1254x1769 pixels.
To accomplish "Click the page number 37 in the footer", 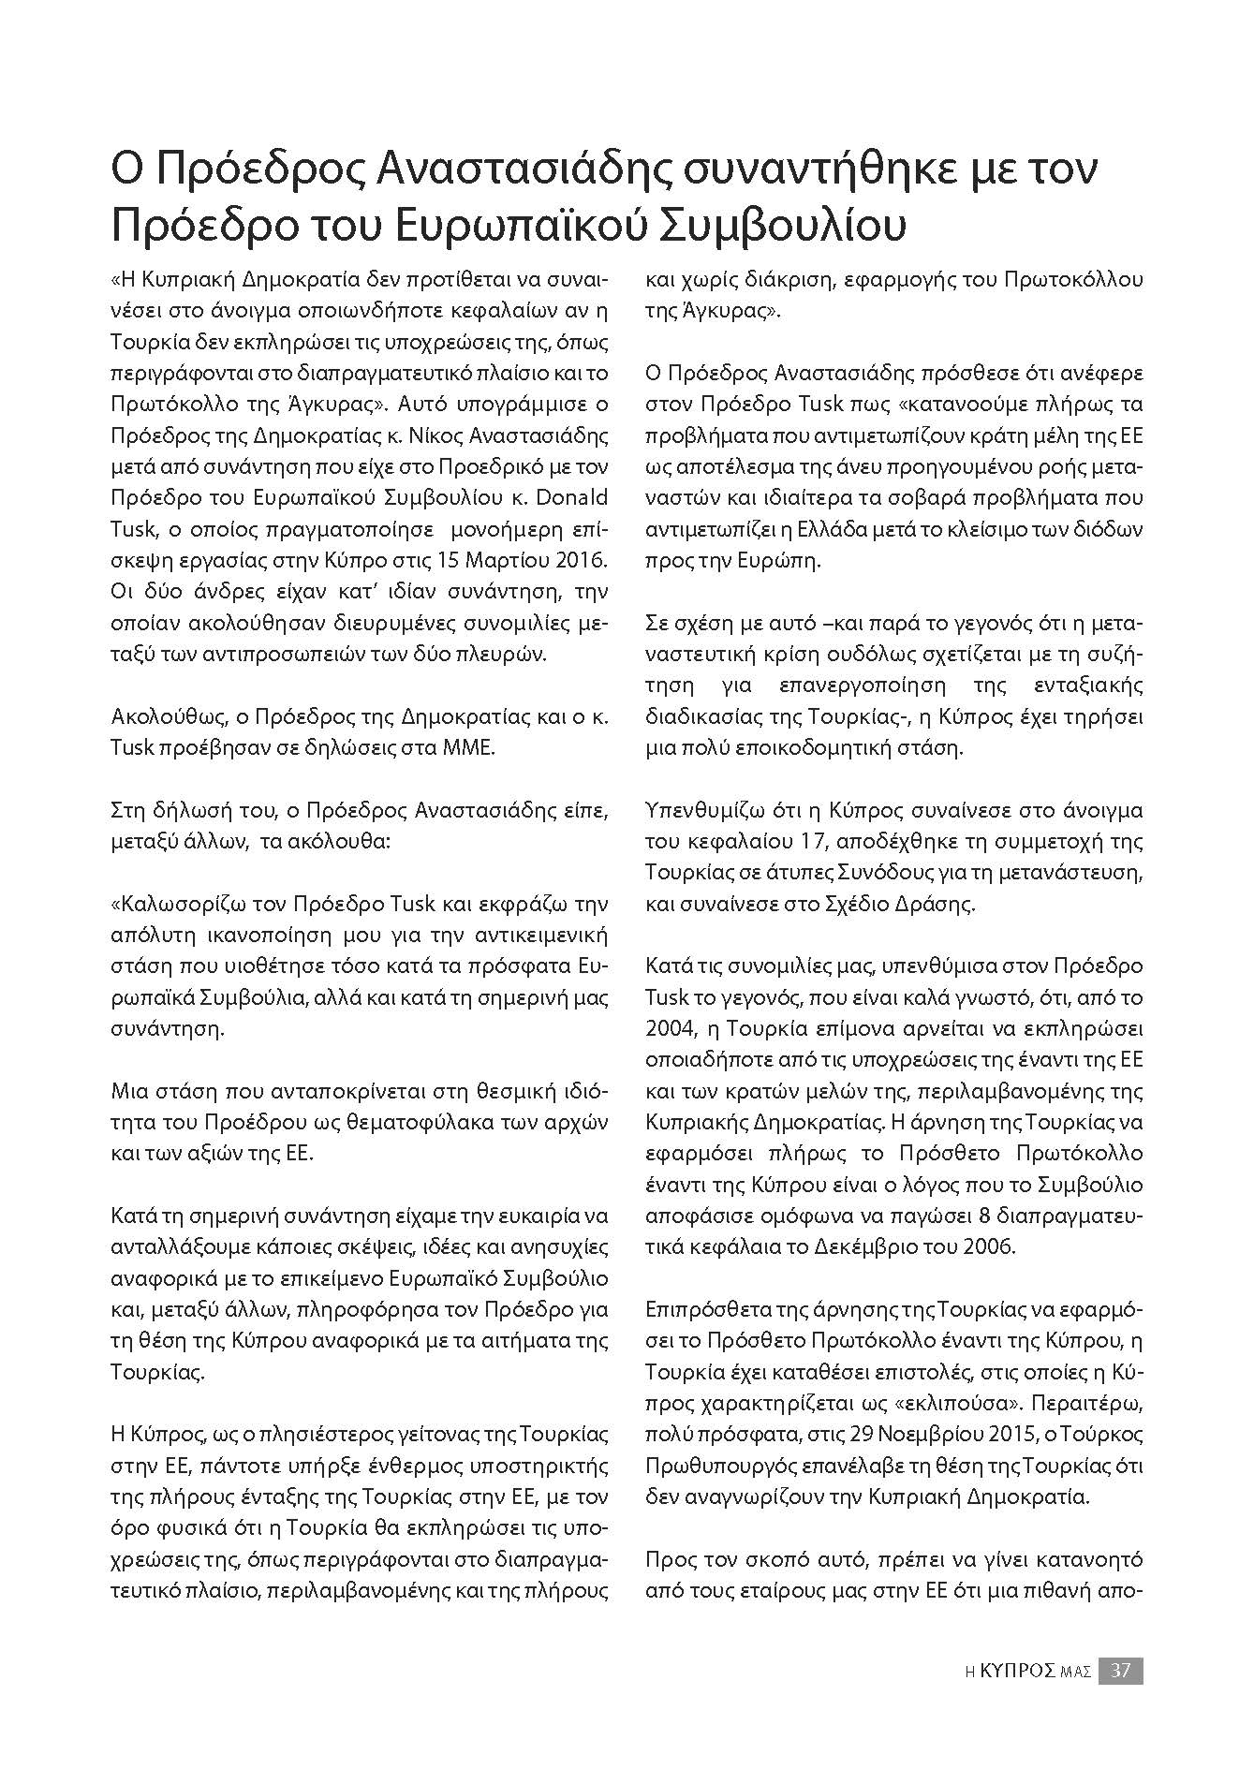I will (x=1120, y=1670).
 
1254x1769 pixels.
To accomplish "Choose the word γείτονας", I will (x=421, y=1434).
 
